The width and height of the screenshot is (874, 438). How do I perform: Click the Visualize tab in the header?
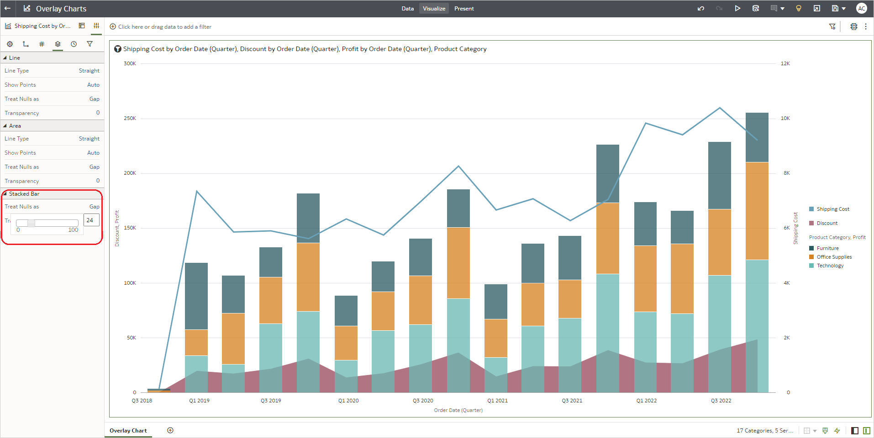pos(434,9)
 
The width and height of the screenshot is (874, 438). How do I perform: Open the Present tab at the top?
pos(464,9)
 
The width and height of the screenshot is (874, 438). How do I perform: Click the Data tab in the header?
pos(407,9)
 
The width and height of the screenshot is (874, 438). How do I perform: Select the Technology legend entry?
pos(830,266)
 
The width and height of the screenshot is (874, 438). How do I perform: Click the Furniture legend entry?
pos(827,248)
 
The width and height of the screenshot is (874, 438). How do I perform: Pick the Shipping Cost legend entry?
pos(832,209)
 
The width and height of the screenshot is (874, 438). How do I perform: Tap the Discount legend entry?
pos(827,223)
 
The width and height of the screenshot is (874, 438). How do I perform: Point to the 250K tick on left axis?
pos(130,118)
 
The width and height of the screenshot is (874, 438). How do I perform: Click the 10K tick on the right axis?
pos(785,118)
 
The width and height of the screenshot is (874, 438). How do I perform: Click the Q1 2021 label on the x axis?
pos(497,401)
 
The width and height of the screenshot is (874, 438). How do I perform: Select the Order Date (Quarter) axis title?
pos(458,410)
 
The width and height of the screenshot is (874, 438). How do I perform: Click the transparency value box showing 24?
pos(91,220)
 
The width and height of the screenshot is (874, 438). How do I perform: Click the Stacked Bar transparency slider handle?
pos(31,223)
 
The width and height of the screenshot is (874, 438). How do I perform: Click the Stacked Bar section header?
pos(24,194)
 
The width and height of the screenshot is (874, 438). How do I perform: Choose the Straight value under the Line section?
pos(89,71)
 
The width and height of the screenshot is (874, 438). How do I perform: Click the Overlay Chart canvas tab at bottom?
pos(128,430)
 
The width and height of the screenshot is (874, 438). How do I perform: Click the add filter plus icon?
pos(113,26)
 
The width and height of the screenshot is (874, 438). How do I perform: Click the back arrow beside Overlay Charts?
pos(7,8)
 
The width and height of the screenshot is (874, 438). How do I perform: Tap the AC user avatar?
pos(861,8)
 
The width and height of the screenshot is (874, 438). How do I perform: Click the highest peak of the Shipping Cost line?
pos(720,108)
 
